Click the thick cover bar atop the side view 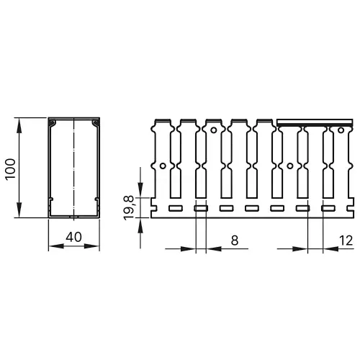[316, 122]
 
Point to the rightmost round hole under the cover [335, 131]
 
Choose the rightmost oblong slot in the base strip [328, 209]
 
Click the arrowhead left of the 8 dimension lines [192, 248]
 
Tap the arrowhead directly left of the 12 [335, 248]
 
